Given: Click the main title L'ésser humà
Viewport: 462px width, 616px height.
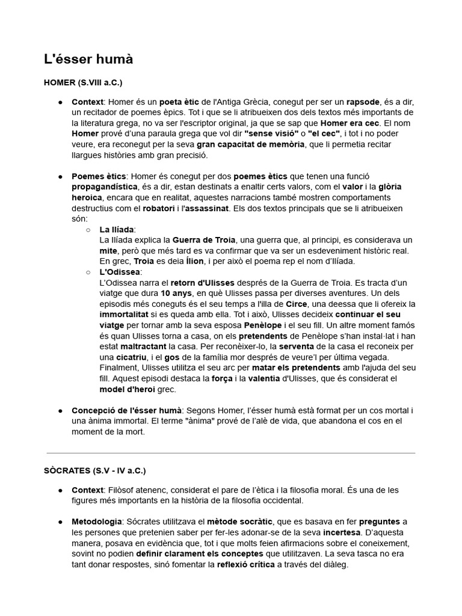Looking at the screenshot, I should tap(88, 60).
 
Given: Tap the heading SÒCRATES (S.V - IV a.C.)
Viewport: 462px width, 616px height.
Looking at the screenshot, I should tap(95, 470).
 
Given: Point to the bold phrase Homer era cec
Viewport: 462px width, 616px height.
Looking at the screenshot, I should tap(349, 123).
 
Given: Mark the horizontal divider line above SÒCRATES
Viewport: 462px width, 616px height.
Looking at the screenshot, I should tap(230, 453).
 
